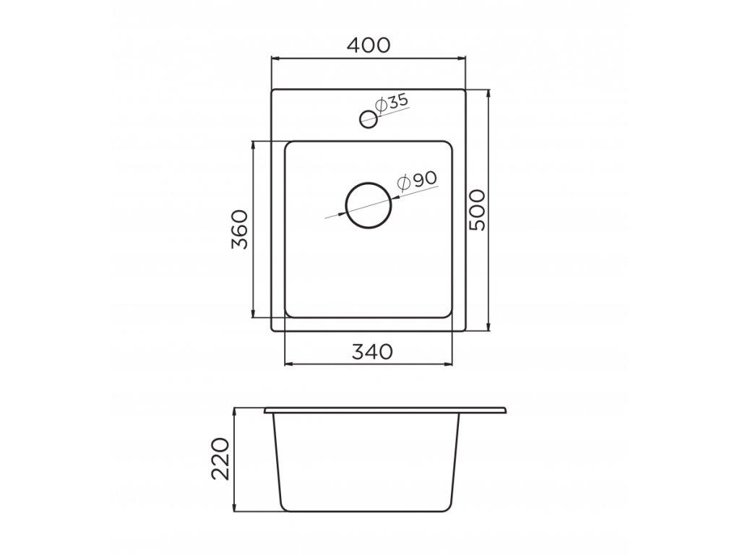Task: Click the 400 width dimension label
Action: coord(368,45)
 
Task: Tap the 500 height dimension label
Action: coord(478,210)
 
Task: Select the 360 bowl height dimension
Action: coord(240,229)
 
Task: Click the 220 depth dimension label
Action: coord(222,459)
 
